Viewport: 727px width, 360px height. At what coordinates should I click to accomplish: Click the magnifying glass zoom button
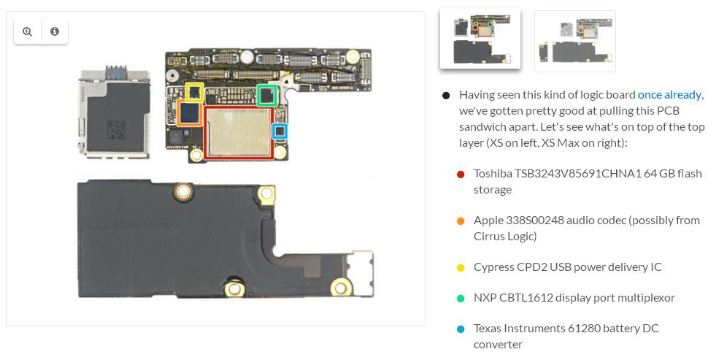pyautogui.click(x=27, y=31)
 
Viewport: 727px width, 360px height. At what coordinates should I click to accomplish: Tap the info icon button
pyautogui.click(x=55, y=31)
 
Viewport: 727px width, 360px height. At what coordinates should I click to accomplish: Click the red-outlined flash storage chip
pyautogui.click(x=238, y=133)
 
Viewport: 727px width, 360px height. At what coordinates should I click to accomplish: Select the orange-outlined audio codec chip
pyautogui.click(x=190, y=113)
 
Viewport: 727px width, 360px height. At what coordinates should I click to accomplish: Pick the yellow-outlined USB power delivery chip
pyautogui.click(x=195, y=92)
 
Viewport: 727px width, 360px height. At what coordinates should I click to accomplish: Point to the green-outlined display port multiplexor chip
pyautogui.click(x=267, y=95)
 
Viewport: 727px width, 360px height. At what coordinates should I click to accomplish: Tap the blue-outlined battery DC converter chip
pyautogui.click(x=280, y=131)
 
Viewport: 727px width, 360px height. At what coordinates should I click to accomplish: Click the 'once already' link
pyautogui.click(x=669, y=95)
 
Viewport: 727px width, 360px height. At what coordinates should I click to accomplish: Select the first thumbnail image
pyautogui.click(x=480, y=38)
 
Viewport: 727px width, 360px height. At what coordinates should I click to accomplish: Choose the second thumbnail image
pyautogui.click(x=575, y=41)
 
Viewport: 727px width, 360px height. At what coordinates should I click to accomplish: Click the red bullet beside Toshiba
pyautogui.click(x=461, y=175)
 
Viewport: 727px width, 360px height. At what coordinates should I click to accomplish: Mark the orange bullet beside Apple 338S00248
pyautogui.click(x=461, y=221)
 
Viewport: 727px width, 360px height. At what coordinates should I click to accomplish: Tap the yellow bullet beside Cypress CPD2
pyautogui.click(x=461, y=268)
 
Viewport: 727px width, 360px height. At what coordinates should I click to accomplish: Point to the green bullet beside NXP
pyautogui.click(x=461, y=299)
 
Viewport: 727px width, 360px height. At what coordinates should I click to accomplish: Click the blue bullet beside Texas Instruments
pyautogui.click(x=461, y=329)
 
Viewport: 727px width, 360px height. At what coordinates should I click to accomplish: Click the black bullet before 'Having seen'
pyautogui.click(x=446, y=96)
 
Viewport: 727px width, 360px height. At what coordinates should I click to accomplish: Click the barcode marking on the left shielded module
pyautogui.click(x=116, y=129)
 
